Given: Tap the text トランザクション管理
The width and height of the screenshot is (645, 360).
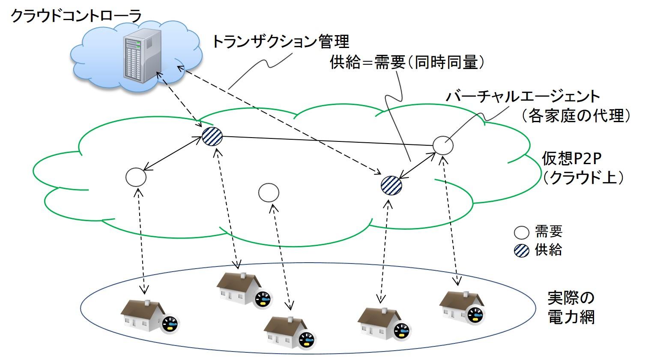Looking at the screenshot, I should pyautogui.click(x=281, y=42).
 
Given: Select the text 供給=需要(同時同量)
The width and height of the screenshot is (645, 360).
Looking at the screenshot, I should pyautogui.click(x=407, y=63).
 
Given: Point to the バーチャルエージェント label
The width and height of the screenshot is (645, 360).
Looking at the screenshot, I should pyautogui.click(x=523, y=96).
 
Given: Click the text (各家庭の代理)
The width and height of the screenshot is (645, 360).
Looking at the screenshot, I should pyautogui.click(x=576, y=116).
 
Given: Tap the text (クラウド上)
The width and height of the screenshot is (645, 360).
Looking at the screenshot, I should pyautogui.click(x=583, y=177).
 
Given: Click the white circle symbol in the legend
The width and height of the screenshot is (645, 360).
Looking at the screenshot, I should pyautogui.click(x=521, y=233).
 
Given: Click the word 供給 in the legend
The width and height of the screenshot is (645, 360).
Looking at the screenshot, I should pyautogui.click(x=549, y=250).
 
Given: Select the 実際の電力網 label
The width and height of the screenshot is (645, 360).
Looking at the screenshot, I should pyautogui.click(x=571, y=307).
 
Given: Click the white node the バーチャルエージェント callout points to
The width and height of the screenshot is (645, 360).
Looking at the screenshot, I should pyautogui.click(x=443, y=145).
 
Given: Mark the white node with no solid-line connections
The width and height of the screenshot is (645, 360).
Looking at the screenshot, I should pyautogui.click(x=269, y=192).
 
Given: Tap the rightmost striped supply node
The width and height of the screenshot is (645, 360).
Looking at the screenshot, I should pyautogui.click(x=391, y=186).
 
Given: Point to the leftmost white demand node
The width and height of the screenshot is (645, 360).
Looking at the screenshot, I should pyautogui.click(x=136, y=177).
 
